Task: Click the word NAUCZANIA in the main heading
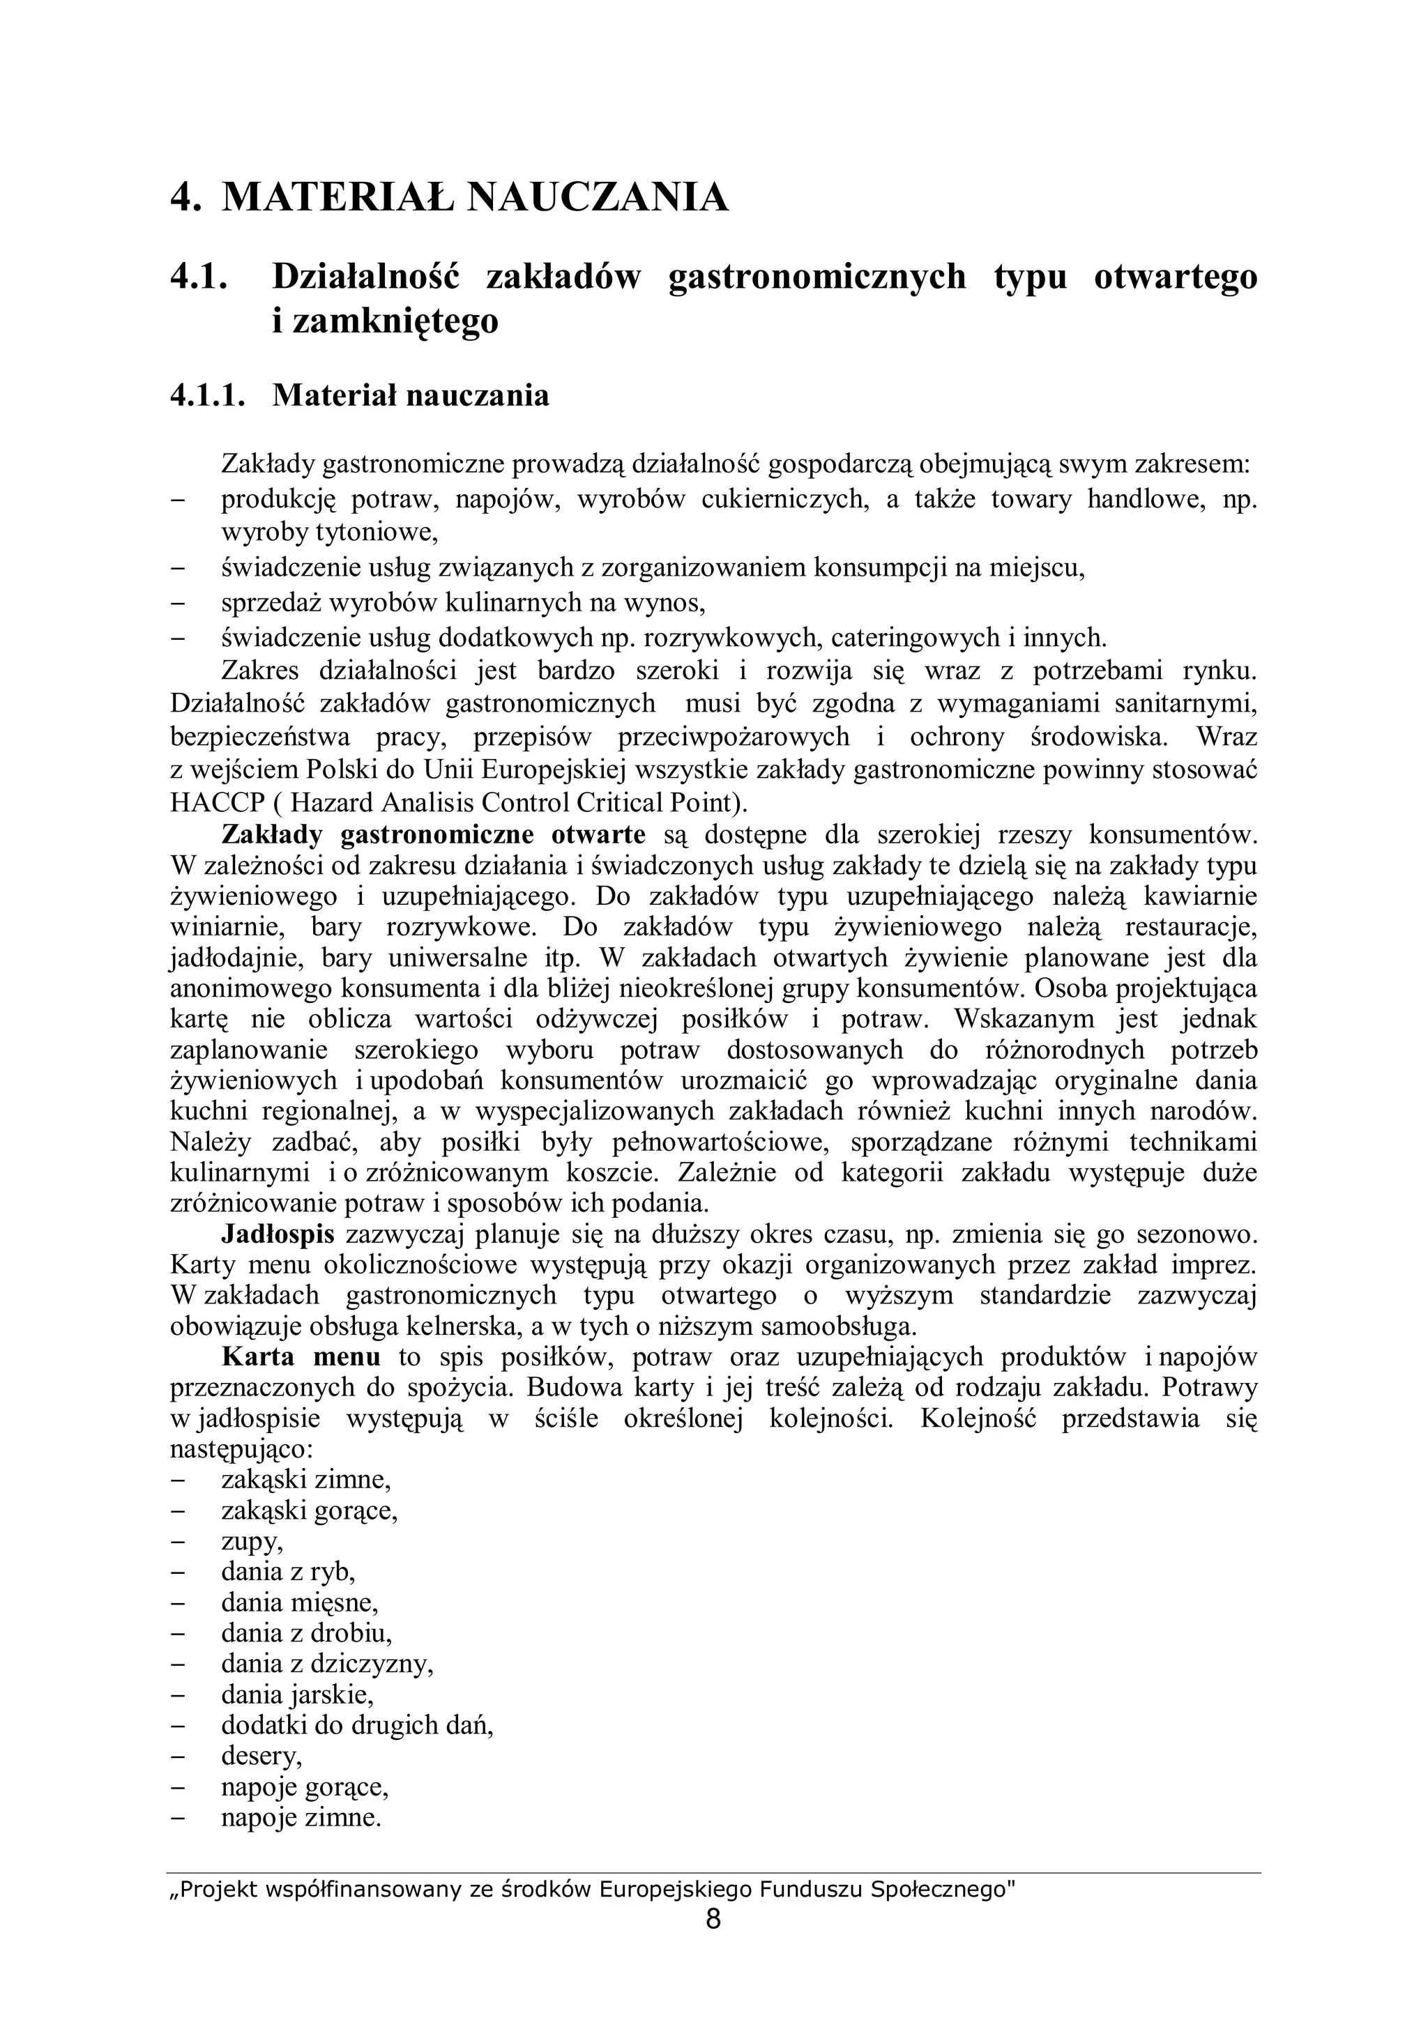pyautogui.click(x=598, y=197)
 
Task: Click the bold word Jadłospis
pyautogui.click(x=277, y=1234)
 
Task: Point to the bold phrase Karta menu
pyautogui.click(x=301, y=1356)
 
